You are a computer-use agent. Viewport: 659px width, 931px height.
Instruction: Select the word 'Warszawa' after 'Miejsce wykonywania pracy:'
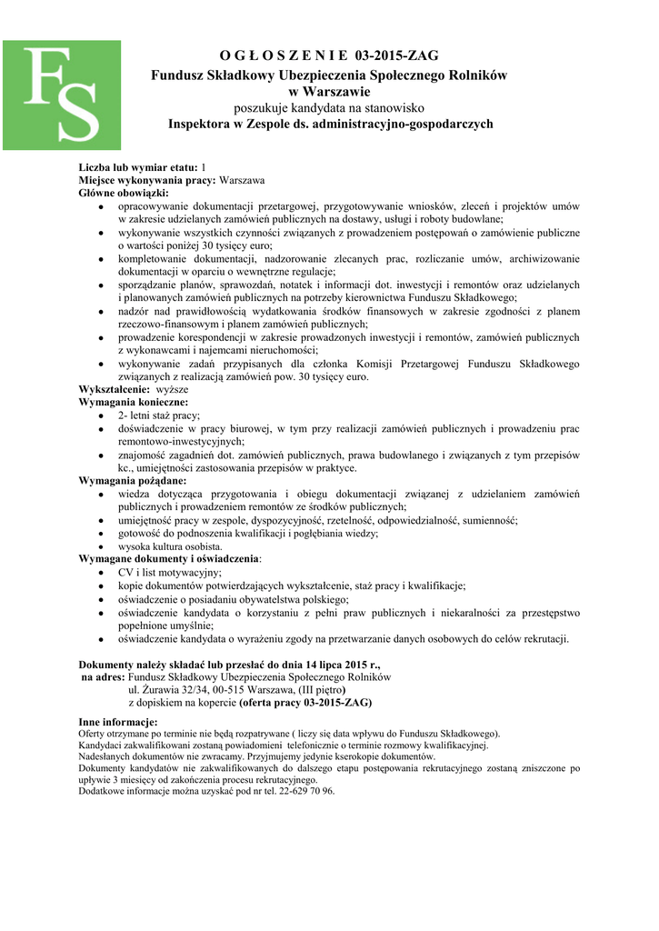pos(243,181)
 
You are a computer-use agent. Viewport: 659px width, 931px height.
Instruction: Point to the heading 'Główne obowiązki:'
pos(124,194)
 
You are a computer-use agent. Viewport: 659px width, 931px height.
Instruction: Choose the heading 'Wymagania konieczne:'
pos(134,402)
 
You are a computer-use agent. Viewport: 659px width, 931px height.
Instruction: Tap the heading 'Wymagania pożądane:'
pos(133,480)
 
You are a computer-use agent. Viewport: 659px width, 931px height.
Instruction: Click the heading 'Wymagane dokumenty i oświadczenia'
pos(169,558)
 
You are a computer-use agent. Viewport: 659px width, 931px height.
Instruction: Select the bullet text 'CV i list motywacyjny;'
pos(170,573)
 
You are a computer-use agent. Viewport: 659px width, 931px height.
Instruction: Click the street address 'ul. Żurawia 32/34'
pos(168,690)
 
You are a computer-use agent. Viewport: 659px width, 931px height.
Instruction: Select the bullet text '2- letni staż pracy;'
pos(159,415)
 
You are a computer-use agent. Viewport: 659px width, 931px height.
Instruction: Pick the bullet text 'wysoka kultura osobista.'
pos(170,546)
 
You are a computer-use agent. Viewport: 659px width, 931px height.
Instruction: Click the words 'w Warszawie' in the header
pos(329,92)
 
